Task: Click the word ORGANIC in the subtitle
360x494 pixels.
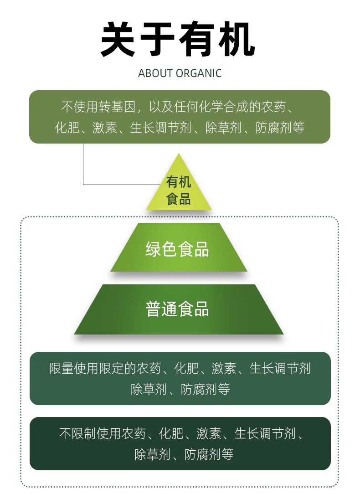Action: (199, 73)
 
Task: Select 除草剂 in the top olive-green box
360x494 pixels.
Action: (223, 128)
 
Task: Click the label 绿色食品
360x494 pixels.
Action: (177, 249)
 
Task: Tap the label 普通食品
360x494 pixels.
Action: (177, 309)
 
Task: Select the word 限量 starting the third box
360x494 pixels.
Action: (61, 368)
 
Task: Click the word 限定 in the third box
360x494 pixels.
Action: (112, 368)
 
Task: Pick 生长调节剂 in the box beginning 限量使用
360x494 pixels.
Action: (280, 368)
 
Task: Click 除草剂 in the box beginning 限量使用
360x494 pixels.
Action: (149, 389)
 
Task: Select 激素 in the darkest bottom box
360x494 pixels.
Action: (209, 433)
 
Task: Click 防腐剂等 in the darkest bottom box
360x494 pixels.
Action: (209, 454)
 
